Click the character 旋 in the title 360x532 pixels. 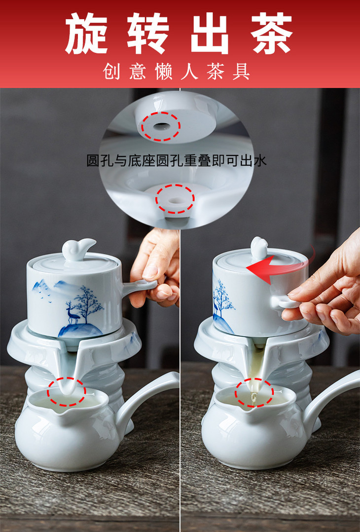pyautogui.click(x=86, y=33)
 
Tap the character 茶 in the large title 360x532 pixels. pyautogui.click(x=272, y=33)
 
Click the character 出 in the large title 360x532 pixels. pyautogui.click(x=210, y=33)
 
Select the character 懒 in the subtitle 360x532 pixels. pyautogui.click(x=164, y=72)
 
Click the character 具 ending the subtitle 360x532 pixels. pyautogui.click(x=242, y=72)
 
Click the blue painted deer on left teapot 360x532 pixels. pyautogui.click(x=72, y=312)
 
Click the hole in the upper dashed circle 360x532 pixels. pyautogui.click(x=161, y=126)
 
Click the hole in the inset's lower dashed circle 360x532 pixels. pyautogui.click(x=175, y=200)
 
